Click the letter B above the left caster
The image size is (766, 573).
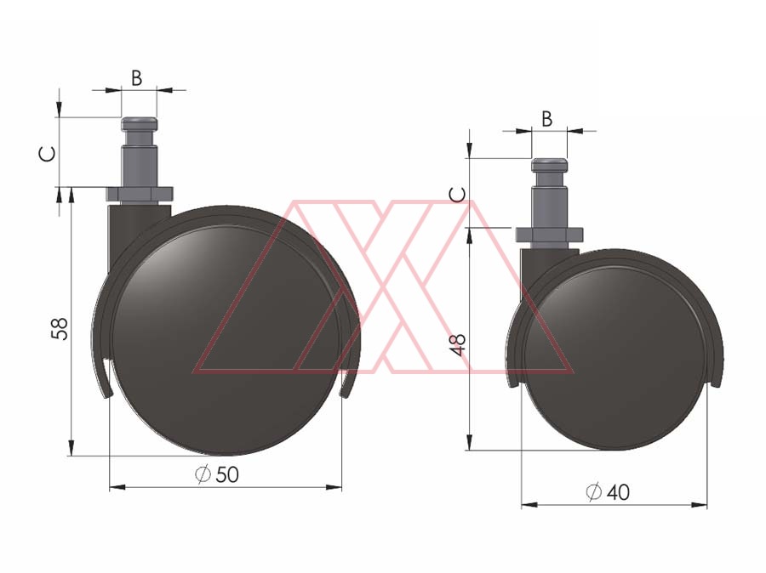pyautogui.click(x=137, y=78)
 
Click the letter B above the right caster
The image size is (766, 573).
pyautogui.click(x=547, y=119)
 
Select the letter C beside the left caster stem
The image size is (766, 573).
pyautogui.click(x=48, y=154)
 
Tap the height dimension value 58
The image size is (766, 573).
pyautogui.click(x=60, y=328)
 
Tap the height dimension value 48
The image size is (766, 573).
pyautogui.click(x=460, y=345)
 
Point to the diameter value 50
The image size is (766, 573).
pyautogui.click(x=227, y=474)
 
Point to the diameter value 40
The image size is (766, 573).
pyautogui.click(x=618, y=492)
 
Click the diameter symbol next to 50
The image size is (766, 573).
pyautogui.click(x=203, y=474)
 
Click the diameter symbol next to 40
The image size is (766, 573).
pyautogui.click(x=593, y=492)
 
